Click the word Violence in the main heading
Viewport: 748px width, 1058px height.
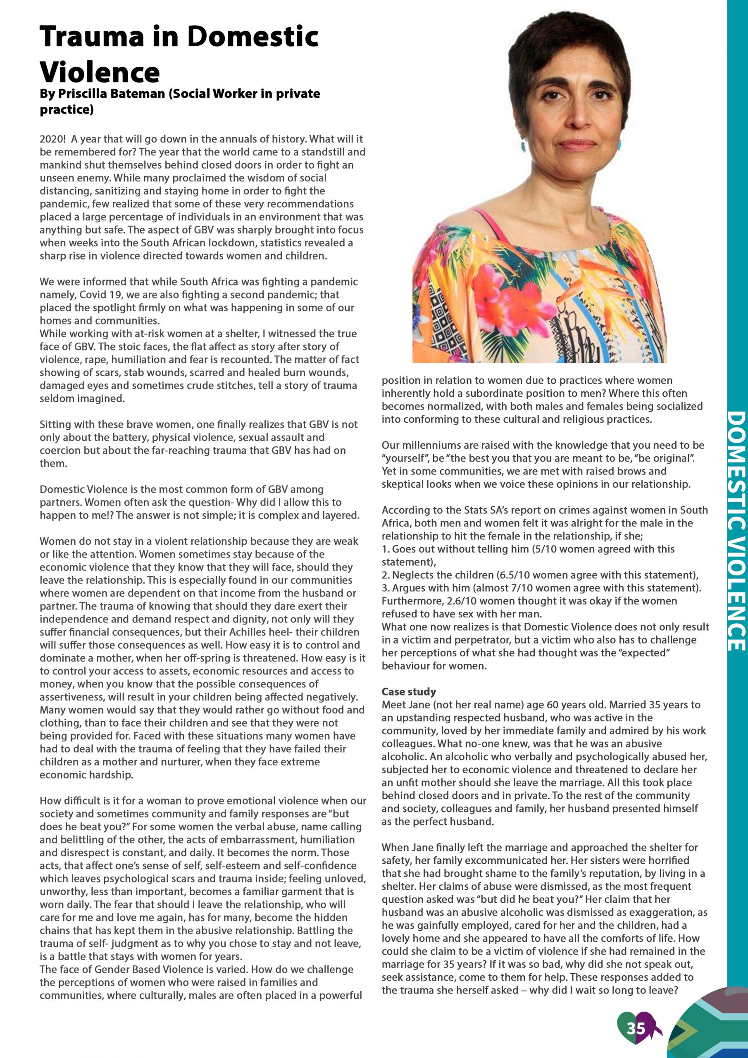[100, 72]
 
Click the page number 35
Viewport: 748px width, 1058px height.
[636, 1029]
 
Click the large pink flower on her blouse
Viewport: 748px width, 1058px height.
[500, 288]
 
